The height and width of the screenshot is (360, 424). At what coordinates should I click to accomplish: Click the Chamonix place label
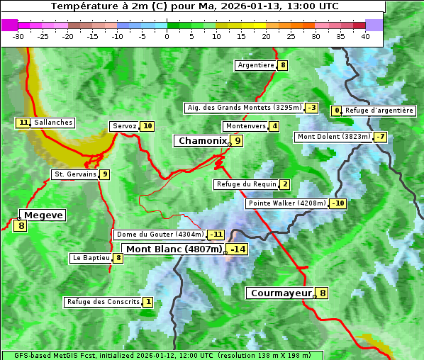point(201,141)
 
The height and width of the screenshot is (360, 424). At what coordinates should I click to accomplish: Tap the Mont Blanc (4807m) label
point(174,249)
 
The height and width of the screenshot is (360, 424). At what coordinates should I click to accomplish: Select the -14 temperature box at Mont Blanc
point(238,249)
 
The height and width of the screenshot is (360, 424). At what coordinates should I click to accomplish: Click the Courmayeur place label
point(281,293)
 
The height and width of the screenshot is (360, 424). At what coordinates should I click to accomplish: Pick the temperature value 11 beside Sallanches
point(23,123)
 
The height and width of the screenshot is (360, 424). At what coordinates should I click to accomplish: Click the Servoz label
point(124,126)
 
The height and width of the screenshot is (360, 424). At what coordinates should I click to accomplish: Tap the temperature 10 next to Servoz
point(147,126)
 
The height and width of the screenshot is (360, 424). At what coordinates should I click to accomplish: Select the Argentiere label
point(256,65)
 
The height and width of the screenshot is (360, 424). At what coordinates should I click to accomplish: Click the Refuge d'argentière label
point(379,111)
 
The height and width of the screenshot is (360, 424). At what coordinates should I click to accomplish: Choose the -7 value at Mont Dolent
point(381,137)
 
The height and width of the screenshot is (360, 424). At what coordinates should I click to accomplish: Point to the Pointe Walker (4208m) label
point(286,203)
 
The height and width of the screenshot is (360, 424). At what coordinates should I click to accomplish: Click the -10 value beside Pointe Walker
point(337,203)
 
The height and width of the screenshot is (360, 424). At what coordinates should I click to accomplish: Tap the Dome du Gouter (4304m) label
point(160,235)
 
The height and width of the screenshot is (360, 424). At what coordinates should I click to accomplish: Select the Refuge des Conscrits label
point(103,302)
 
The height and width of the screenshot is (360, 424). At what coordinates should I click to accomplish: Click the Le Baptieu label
point(91,258)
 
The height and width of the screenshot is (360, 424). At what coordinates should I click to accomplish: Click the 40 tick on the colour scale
point(365,36)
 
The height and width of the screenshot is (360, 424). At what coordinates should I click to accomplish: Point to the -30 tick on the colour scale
point(18,36)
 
